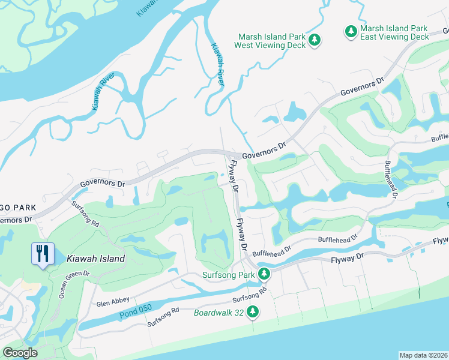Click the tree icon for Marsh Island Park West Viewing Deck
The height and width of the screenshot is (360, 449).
coord(315,40)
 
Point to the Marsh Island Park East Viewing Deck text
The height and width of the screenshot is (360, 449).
coord(394,32)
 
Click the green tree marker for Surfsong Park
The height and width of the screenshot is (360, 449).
coord(263,274)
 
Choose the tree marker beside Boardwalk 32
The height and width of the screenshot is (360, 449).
coord(253,311)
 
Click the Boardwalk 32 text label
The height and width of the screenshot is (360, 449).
coord(219,313)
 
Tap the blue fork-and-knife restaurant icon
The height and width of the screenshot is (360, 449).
coord(42,254)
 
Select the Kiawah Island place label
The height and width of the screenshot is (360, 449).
coord(97,259)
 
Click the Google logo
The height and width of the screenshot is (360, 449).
coord(20,353)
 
